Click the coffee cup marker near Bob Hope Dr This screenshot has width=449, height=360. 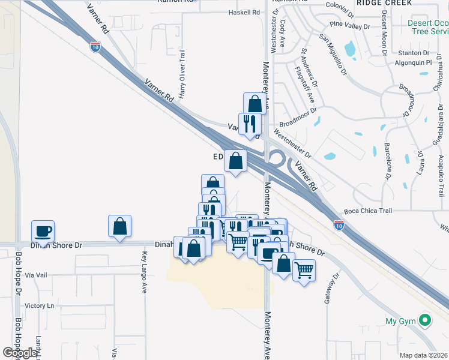pyautogui.click(x=43, y=231)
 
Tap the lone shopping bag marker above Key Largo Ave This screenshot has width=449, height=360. pyautogui.click(x=120, y=226)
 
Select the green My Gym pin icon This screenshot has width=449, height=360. pyautogui.click(x=425, y=321)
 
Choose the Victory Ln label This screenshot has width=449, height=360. pyautogui.click(x=39, y=305)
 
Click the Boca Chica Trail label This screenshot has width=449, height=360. pyautogui.click(x=368, y=211)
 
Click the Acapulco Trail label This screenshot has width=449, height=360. pyautogui.click(x=441, y=175)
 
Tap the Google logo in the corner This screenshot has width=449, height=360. pyautogui.click(x=20, y=353)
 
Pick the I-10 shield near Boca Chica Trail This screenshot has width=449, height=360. pyautogui.click(x=339, y=225)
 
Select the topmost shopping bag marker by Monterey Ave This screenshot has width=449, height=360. pyautogui.click(x=255, y=103)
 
